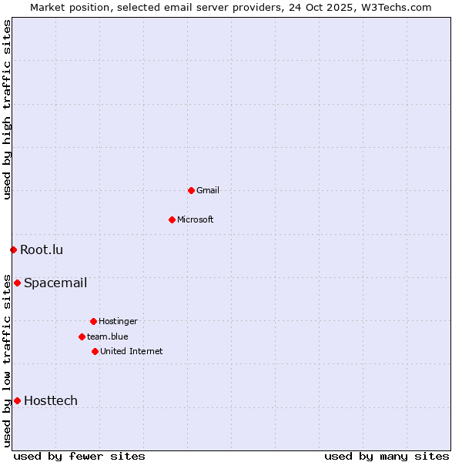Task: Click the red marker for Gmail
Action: [191, 190]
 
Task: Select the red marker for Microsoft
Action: [172, 219]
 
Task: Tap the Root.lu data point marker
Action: [13, 249]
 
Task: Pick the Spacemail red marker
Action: [17, 283]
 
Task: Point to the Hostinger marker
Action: [93, 321]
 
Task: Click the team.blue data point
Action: [82, 336]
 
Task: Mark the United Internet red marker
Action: [95, 351]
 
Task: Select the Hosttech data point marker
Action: [17, 400]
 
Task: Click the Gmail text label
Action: [208, 190]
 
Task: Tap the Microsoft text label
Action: [196, 219]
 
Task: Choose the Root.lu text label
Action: [42, 249]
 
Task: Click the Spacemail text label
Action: [55, 283]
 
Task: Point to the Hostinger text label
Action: [118, 321]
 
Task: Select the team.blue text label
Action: [108, 336]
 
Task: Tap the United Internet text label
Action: [132, 351]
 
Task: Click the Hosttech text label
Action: [51, 400]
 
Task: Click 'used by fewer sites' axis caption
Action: [79, 456]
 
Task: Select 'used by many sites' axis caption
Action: [387, 456]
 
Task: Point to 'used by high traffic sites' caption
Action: [7, 109]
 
